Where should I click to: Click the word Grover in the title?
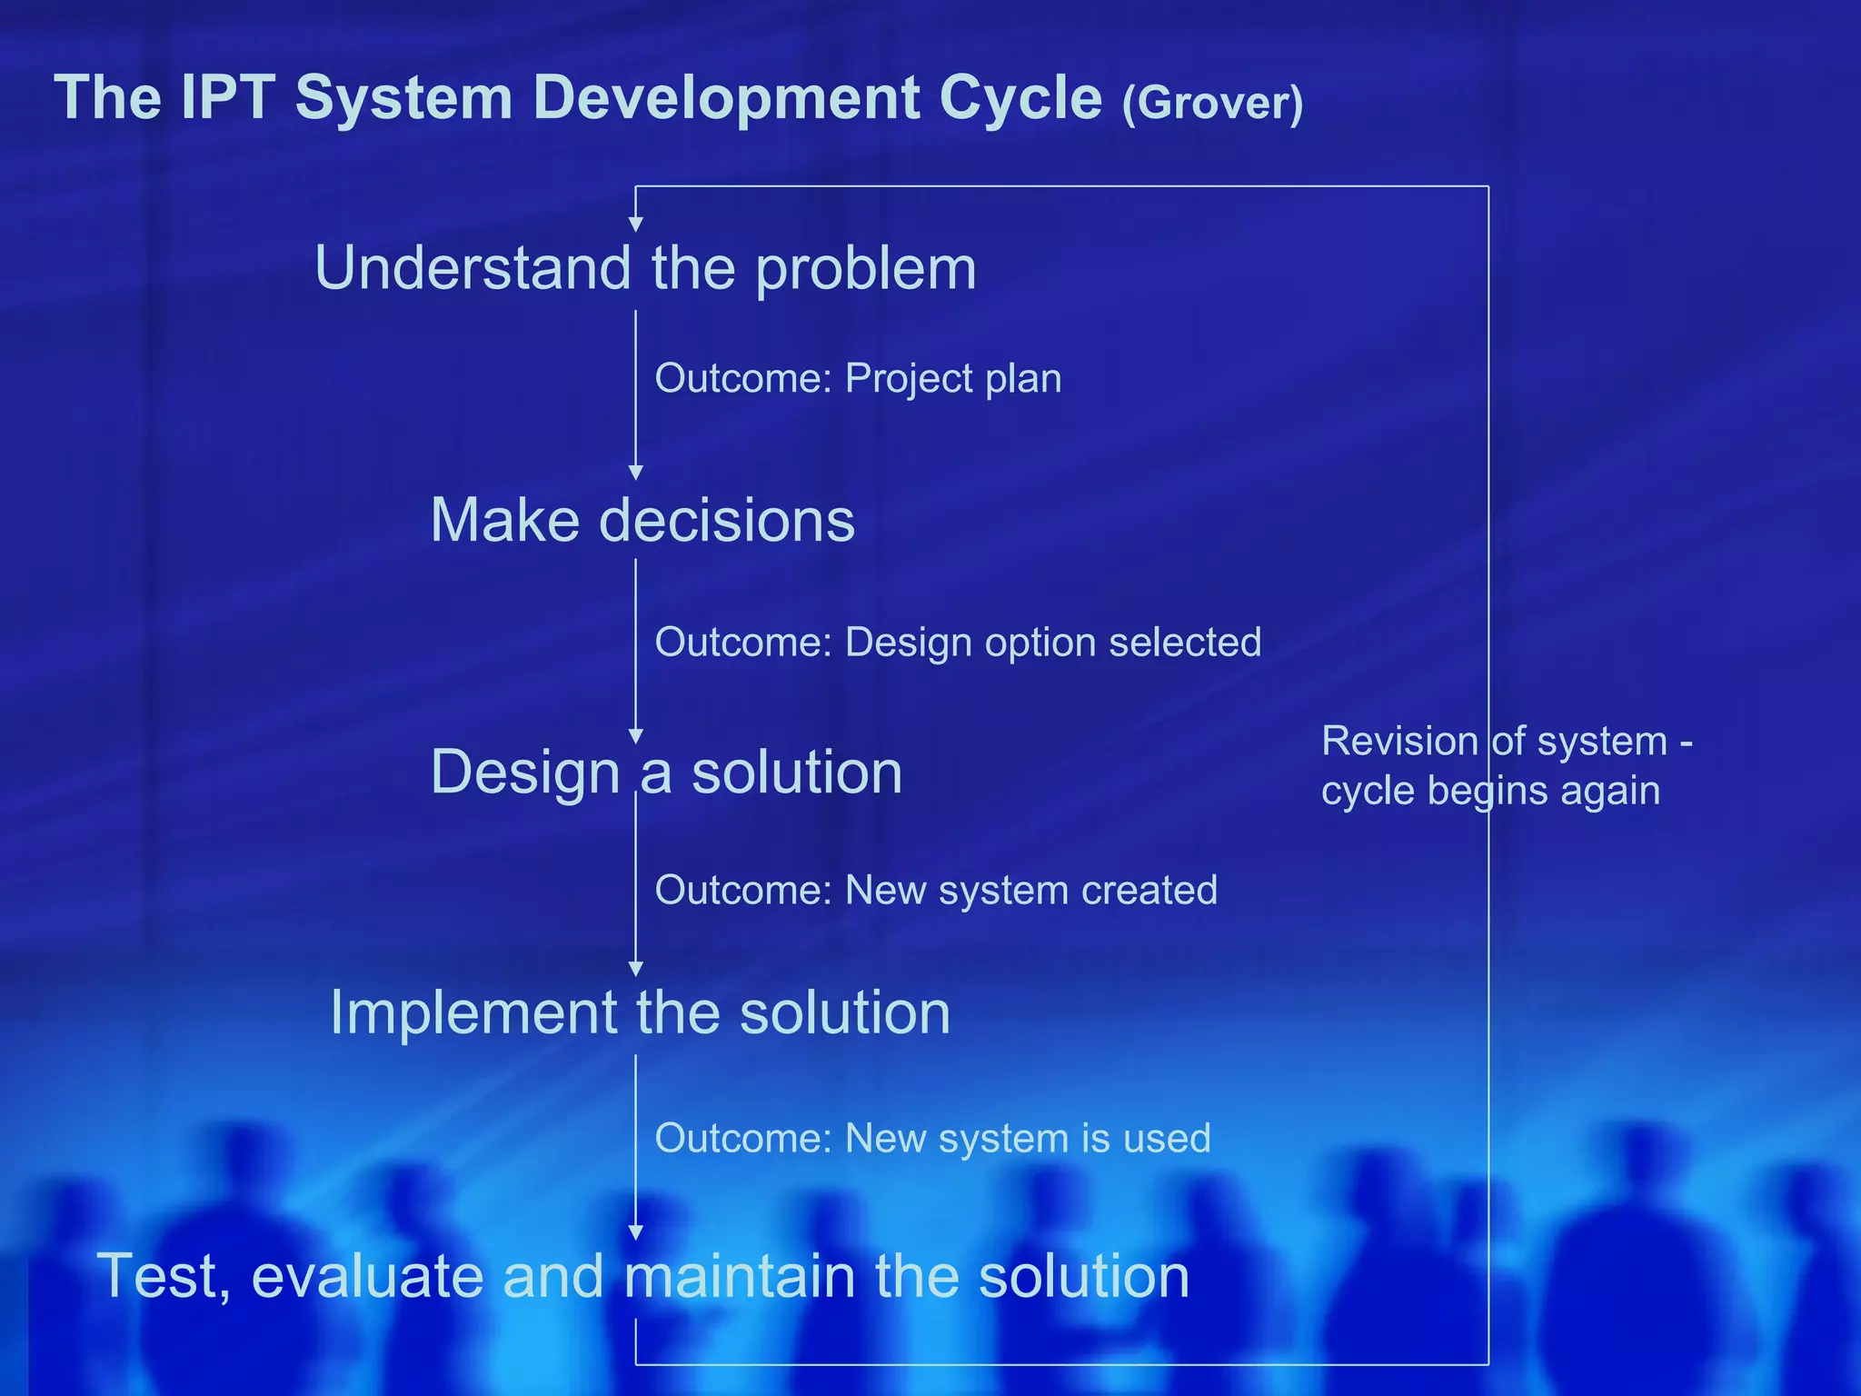coord(1212,103)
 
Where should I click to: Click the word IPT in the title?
coord(228,97)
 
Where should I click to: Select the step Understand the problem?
coord(645,268)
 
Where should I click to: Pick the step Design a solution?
coord(666,773)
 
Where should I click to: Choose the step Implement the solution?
coord(640,1012)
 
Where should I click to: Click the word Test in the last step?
coord(157,1275)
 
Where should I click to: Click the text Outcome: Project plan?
coord(858,378)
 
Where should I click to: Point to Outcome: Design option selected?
coord(958,642)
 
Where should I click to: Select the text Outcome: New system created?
coord(936,890)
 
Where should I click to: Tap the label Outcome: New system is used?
coord(932,1138)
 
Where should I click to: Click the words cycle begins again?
coord(1490,790)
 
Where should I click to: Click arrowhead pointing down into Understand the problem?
coord(636,224)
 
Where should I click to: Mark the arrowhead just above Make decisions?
coord(636,473)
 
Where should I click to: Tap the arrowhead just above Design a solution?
coord(636,736)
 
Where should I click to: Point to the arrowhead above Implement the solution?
coord(636,969)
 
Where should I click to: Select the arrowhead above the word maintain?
coord(636,1232)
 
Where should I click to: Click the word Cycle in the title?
coord(1020,97)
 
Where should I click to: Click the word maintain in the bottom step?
coord(740,1275)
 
